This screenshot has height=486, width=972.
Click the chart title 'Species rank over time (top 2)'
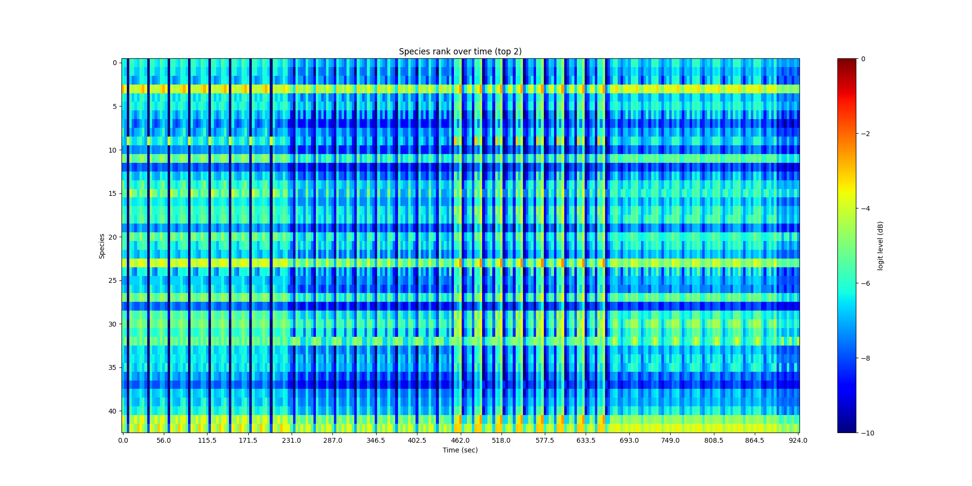[460, 52]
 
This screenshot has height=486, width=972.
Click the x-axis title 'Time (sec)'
[460, 450]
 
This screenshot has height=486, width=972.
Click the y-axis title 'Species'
[102, 246]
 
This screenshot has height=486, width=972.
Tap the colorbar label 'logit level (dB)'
[880, 246]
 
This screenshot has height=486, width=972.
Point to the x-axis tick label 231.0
[292, 441]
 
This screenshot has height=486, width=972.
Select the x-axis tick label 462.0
[460, 441]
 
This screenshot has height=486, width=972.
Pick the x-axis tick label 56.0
[164, 441]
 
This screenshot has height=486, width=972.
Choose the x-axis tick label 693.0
[629, 441]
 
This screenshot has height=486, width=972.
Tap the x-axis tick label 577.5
[545, 441]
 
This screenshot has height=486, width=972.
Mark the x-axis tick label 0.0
[123, 441]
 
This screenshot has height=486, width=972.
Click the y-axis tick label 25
[112, 280]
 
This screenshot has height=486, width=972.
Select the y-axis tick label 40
[112, 411]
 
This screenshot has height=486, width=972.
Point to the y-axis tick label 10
[112, 150]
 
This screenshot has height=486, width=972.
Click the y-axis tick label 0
[114, 63]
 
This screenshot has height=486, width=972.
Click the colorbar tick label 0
[863, 59]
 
